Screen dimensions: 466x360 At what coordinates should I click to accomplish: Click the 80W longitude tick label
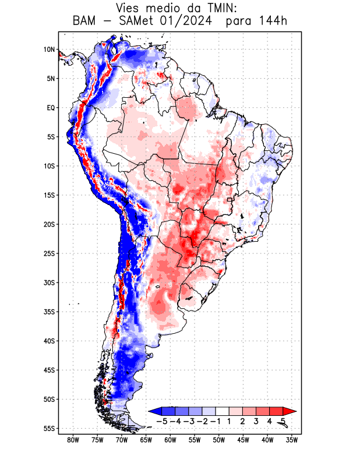point(73,440)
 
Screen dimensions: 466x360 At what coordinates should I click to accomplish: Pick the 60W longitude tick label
point(171,440)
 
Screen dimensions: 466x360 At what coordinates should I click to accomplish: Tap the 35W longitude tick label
point(292,440)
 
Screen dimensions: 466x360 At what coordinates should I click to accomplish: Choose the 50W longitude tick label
point(219,440)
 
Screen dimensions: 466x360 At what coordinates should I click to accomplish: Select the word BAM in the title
point(85,22)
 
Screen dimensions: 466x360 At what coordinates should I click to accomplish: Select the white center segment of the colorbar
point(222,411)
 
